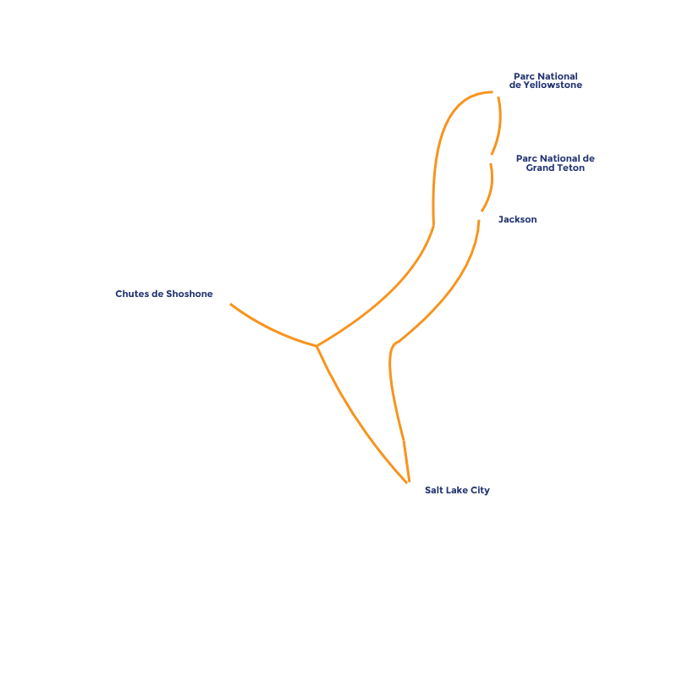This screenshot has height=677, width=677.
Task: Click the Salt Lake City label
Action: [x=457, y=490]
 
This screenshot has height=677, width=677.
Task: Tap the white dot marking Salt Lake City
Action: [x=410, y=487]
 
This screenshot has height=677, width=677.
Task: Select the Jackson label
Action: [x=517, y=219]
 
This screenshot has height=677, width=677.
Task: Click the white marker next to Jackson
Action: [x=479, y=215]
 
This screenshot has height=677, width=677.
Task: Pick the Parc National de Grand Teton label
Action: [x=555, y=163]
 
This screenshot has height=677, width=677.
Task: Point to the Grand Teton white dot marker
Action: [x=489, y=158]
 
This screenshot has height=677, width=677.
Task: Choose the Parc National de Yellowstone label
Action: [x=546, y=81]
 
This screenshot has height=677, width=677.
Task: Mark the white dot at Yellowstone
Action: [x=497, y=92]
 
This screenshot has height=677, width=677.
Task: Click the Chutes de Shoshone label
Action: [x=164, y=294]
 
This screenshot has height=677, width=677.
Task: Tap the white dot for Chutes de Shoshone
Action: [x=226, y=300]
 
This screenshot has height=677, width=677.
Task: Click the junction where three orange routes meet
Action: [x=316, y=345]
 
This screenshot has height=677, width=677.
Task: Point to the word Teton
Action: [x=570, y=168]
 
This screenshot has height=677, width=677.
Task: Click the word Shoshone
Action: [x=190, y=294]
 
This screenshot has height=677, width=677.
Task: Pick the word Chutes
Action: [x=133, y=294]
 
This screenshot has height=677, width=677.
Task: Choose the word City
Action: [x=480, y=490]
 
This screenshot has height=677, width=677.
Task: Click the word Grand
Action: [x=541, y=168]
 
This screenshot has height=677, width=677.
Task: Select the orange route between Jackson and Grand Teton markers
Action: [x=489, y=188]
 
